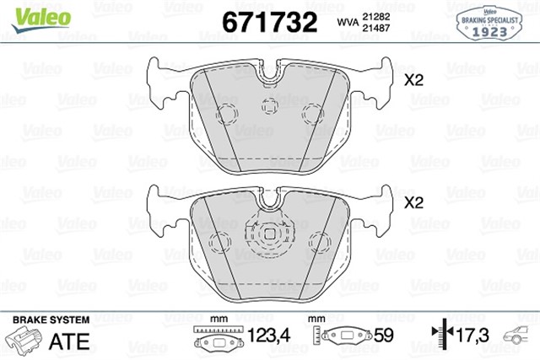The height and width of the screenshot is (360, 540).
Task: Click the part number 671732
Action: tap(267, 21)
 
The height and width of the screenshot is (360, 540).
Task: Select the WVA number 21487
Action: tap(376, 29)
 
